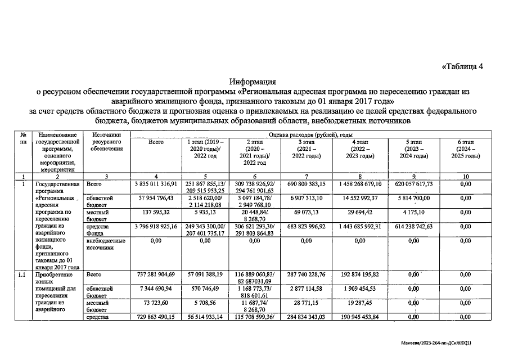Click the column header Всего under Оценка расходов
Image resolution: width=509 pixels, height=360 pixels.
click(x=156, y=142)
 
